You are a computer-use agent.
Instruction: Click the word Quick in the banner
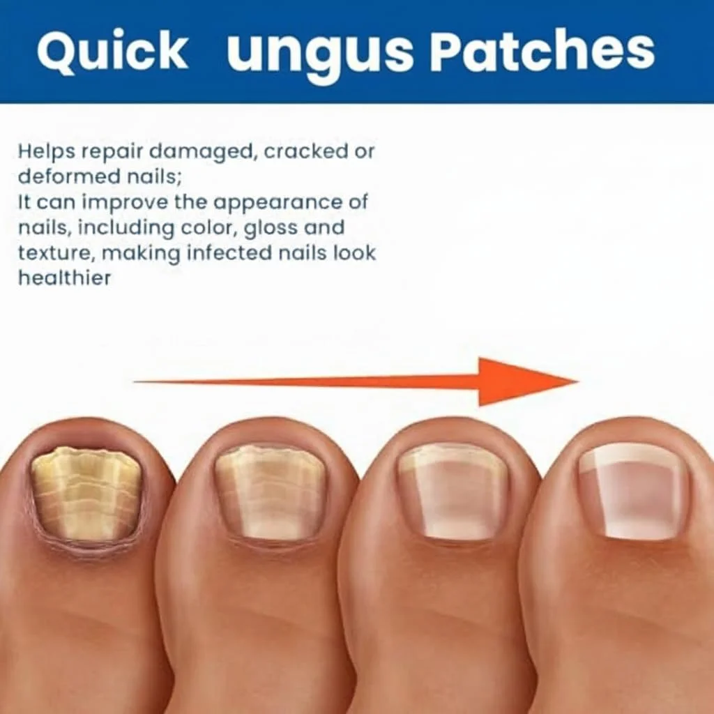(x=112, y=50)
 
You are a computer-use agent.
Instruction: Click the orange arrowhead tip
(x=578, y=381)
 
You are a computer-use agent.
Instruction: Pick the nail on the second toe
(x=270, y=492)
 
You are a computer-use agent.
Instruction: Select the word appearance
(x=278, y=203)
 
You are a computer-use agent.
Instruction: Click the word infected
(x=229, y=252)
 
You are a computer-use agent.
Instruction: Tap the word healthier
(x=64, y=278)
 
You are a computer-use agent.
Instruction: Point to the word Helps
(x=47, y=151)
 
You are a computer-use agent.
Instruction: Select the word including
(x=126, y=229)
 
